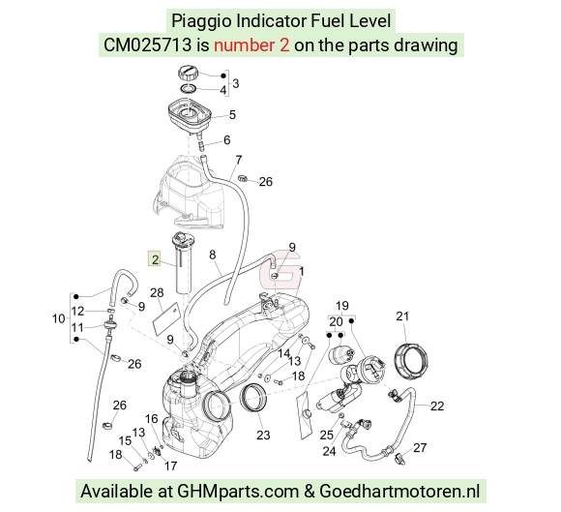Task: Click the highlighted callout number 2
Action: pyautogui.click(x=155, y=258)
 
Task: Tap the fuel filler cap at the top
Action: pyautogui.click(x=188, y=74)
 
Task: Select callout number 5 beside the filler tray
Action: pyautogui.click(x=232, y=114)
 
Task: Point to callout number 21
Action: pyautogui.click(x=402, y=316)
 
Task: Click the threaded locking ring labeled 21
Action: pyautogui.click(x=411, y=361)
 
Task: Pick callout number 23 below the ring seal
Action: pyautogui.click(x=263, y=435)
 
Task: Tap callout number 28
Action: pyautogui.click(x=157, y=293)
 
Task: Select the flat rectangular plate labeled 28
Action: pyautogui.click(x=165, y=318)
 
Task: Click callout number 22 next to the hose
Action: pyautogui.click(x=437, y=406)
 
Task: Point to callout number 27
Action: pyautogui.click(x=420, y=447)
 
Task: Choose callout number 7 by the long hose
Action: pyautogui.click(x=239, y=160)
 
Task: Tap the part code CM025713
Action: pyautogui.click(x=147, y=45)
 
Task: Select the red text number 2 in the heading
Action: pyautogui.click(x=251, y=45)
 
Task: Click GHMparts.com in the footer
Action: pyautogui.click(x=238, y=492)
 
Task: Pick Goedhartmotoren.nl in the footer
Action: pyautogui.click(x=399, y=491)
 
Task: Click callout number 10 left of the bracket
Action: pyautogui.click(x=59, y=318)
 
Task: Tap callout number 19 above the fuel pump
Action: pyautogui.click(x=342, y=306)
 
